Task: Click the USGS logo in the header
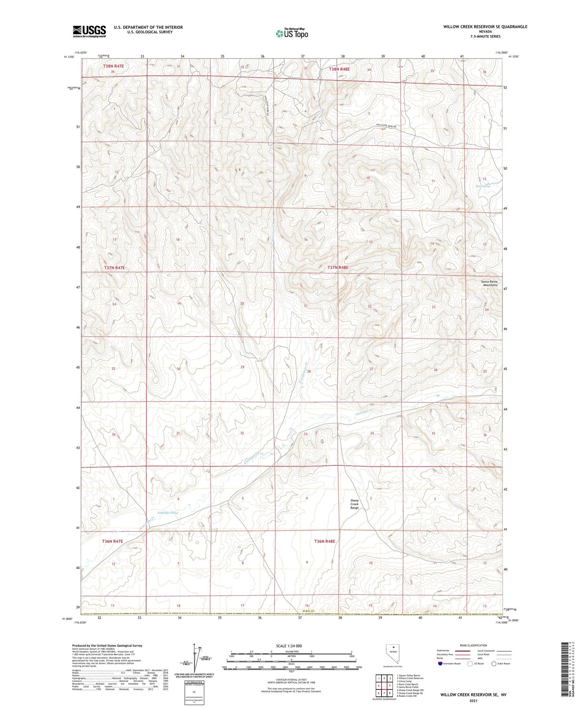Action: click(x=89, y=31)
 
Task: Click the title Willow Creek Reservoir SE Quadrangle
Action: click(x=485, y=27)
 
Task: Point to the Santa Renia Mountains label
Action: click(x=489, y=283)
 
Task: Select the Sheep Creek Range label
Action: click(x=355, y=504)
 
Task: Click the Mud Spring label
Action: click(x=483, y=186)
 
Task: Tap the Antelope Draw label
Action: click(x=167, y=512)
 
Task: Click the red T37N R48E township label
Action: click(x=338, y=268)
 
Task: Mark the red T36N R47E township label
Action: click(x=113, y=541)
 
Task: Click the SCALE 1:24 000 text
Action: click(x=289, y=646)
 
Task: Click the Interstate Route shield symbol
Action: click(x=441, y=664)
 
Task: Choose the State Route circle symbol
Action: click(x=494, y=664)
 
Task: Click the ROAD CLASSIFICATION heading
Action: click(x=473, y=645)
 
